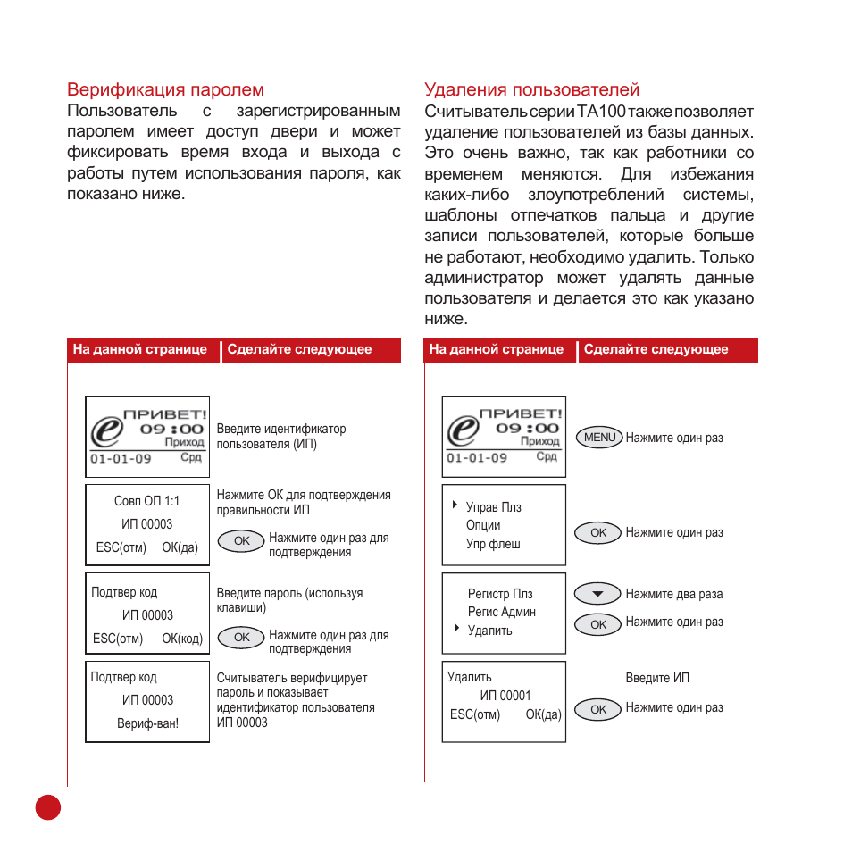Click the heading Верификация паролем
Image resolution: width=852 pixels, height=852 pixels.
(x=165, y=89)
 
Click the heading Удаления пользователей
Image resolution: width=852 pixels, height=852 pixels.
(x=531, y=89)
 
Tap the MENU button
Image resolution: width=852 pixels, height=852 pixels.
(x=599, y=438)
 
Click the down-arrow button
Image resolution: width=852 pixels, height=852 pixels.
(x=598, y=594)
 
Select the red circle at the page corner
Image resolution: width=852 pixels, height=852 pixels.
(x=48, y=806)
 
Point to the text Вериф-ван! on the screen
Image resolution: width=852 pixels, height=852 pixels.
(x=147, y=723)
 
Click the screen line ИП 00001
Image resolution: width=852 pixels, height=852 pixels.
(x=505, y=696)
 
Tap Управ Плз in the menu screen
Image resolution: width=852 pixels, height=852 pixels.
(x=493, y=507)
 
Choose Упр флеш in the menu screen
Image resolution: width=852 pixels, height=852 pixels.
(x=492, y=544)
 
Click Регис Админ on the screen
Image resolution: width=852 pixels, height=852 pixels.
(x=501, y=612)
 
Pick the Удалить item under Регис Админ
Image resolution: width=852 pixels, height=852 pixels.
(x=489, y=631)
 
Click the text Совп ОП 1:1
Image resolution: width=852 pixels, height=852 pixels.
(x=146, y=501)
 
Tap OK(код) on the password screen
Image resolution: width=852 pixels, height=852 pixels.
(x=182, y=639)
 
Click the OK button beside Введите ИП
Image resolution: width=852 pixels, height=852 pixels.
(x=598, y=709)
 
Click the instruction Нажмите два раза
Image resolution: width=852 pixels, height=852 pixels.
(x=673, y=594)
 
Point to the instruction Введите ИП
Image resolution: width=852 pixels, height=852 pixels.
(x=657, y=678)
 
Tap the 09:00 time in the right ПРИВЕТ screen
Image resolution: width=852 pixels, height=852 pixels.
(x=527, y=428)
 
